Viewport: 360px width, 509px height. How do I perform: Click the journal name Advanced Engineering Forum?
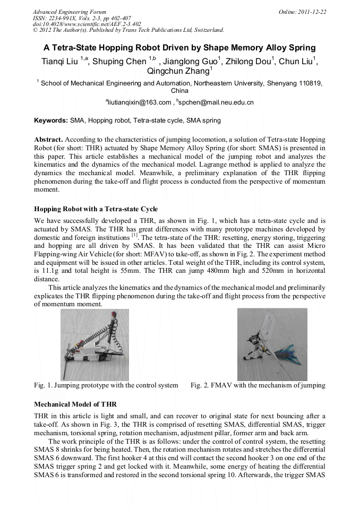(70, 12)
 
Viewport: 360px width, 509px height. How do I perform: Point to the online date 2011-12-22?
(312, 12)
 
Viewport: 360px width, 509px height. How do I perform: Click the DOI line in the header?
(87, 24)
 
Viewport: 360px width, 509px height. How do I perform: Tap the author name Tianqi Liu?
(60, 62)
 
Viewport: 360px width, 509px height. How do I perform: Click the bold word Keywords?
(51, 120)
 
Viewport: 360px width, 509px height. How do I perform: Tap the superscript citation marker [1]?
(134, 235)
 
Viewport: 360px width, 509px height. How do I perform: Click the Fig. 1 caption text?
(106, 385)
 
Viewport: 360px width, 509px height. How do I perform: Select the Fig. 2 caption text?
(258, 385)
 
